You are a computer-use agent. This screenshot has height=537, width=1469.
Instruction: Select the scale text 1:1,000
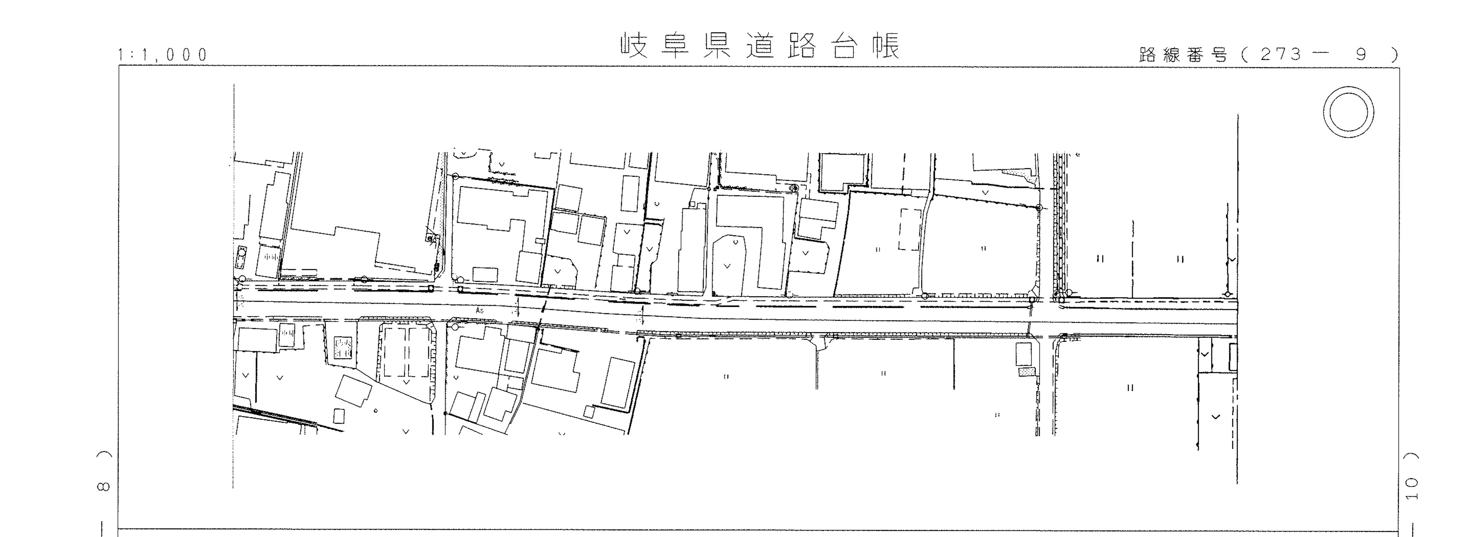pos(163,55)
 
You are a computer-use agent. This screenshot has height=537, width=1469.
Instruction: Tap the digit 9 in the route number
pos(1361,55)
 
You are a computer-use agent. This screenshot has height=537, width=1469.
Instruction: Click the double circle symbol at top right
pos(1348,112)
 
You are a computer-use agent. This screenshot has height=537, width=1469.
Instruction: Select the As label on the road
pos(480,311)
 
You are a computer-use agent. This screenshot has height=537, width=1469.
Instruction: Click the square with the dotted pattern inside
pos(344,347)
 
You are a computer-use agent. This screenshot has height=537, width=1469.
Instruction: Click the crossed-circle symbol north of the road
pos(793,187)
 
